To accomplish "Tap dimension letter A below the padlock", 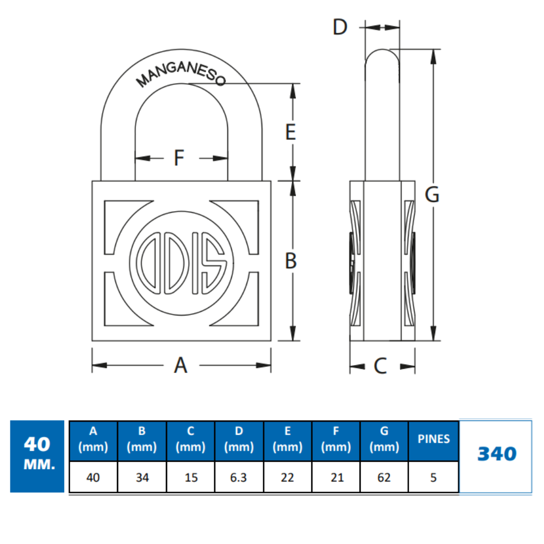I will pos(181,365).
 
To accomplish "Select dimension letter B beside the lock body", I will pos(292,261).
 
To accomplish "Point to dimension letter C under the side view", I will pos(380,366).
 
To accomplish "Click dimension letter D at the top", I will pos(340,27).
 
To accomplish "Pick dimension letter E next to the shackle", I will pos(291,132).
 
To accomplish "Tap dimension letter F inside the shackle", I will pos(179,158).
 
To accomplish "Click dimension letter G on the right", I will pos(432,195).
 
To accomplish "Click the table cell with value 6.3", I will pos(239,478).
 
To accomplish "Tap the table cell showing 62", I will pos(384,478).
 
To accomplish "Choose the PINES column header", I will pos(434,439).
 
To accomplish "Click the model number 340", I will pos(496,454).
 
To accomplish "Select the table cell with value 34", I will pos(142,478).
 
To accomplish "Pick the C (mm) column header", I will pos(190,440).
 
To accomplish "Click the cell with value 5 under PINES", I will pos(434,478).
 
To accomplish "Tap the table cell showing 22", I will pos(287,478).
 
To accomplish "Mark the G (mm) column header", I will pos(384,440).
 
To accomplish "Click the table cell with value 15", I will pos(190,478).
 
